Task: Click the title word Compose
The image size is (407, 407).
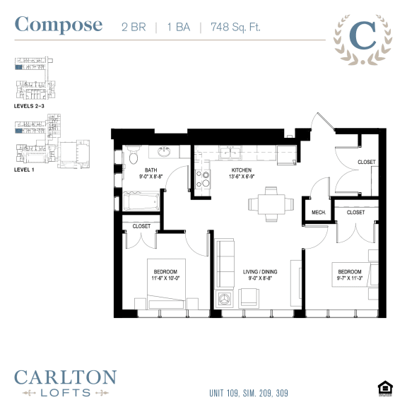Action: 59,25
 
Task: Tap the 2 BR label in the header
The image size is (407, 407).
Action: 131,27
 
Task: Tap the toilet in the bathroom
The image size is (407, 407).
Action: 132,155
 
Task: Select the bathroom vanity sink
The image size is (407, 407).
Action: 163,152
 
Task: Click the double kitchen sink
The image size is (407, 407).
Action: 230,152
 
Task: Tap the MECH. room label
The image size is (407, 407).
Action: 317,211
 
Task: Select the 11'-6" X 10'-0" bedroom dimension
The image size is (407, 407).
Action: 167,278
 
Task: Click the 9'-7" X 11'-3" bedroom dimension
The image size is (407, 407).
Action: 350,278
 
